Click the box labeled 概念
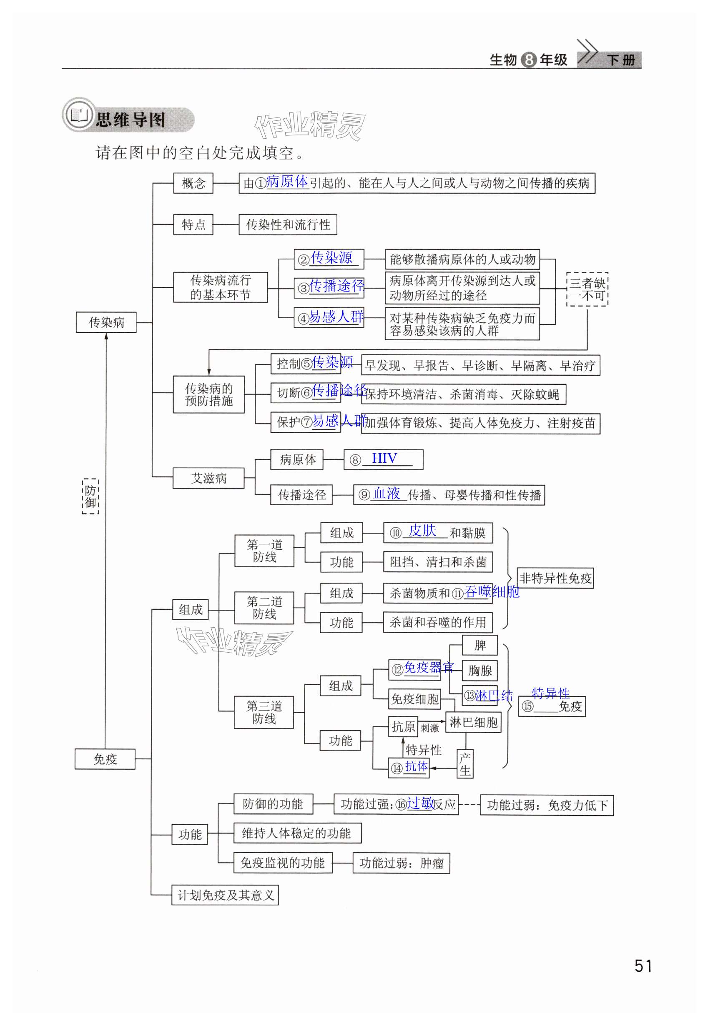[x=193, y=183]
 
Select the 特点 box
[x=193, y=224]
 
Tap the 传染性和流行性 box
[x=287, y=224]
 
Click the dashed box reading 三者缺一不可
[x=587, y=289]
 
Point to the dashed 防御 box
[x=90, y=496]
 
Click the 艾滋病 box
[x=208, y=478]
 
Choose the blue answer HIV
[x=384, y=458]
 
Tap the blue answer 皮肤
[x=422, y=531]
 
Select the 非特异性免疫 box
[x=555, y=578]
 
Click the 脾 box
[x=480, y=645]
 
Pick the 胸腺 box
[x=480, y=671]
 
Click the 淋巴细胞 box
[x=473, y=722]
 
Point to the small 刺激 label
[x=429, y=728]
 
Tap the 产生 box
[x=464, y=764]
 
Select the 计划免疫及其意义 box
[x=225, y=895]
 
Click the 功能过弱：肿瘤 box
[x=401, y=863]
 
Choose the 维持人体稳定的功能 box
[x=297, y=833]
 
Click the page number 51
[x=643, y=966]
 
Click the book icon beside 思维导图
[x=79, y=115]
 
